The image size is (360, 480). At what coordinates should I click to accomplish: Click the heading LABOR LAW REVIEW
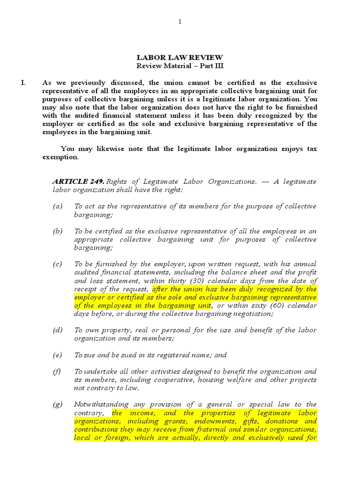point(180,58)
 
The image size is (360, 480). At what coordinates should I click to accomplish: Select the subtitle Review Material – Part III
point(180,66)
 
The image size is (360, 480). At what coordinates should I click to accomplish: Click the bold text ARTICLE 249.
point(78,181)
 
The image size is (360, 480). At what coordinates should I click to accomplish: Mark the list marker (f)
point(57,371)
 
